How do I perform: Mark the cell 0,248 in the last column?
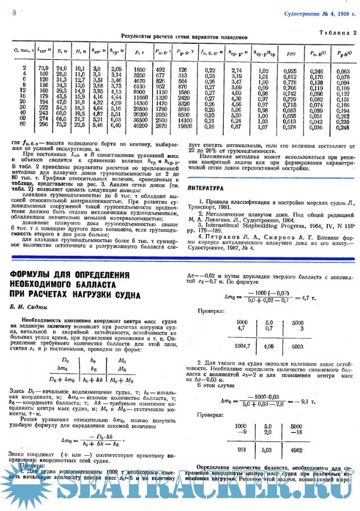pyautogui.click(x=343, y=127)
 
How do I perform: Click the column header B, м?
pyautogui.click(x=62, y=52)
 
